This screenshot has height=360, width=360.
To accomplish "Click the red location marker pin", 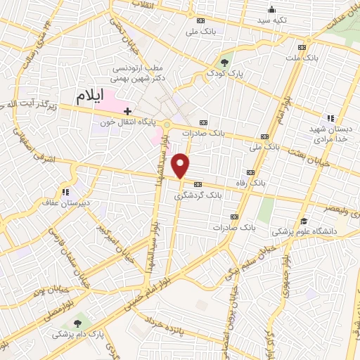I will pyautogui.click(x=181, y=165).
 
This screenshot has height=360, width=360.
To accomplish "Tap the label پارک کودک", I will pyautogui.click(x=225, y=72).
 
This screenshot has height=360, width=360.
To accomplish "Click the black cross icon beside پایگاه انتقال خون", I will pyautogui.click(x=127, y=111).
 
